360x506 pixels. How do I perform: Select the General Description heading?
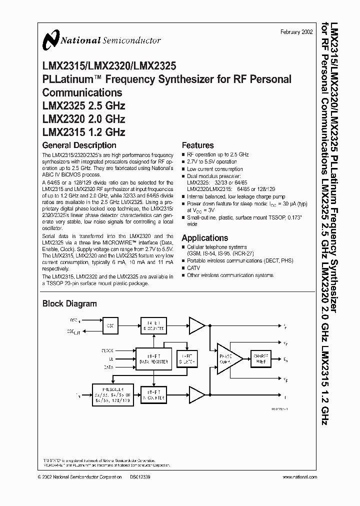pos(79,145)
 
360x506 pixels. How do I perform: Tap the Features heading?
pos(197,145)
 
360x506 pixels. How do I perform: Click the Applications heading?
pos(204,238)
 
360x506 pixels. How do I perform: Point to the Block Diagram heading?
pos(69,303)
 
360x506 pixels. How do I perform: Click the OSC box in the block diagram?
pos(109,325)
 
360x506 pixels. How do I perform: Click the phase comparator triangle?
pos(228,358)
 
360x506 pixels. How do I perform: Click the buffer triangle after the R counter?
pos(196,326)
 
